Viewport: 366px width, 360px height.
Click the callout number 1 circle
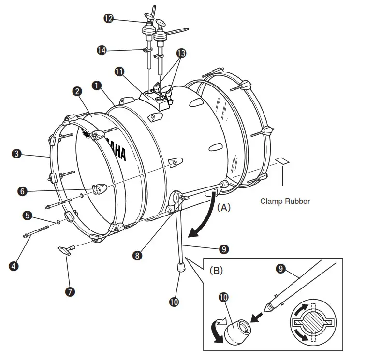(x=97, y=86)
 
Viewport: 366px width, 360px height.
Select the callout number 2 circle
(x=76, y=91)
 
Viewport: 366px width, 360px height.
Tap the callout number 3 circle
(x=16, y=154)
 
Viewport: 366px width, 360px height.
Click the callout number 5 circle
(x=28, y=214)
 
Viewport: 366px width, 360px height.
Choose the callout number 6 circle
(x=22, y=191)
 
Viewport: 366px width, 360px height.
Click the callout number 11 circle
(x=118, y=71)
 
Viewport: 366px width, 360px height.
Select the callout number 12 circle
(x=108, y=18)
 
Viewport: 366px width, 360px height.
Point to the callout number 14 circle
(x=102, y=50)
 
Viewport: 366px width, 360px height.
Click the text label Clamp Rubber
(x=285, y=201)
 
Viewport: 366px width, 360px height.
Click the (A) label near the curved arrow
(x=224, y=208)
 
